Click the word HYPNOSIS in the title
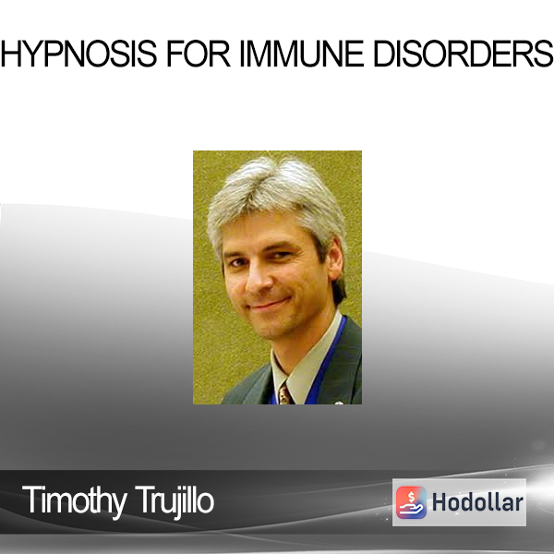click(x=78, y=54)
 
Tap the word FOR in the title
click(x=199, y=54)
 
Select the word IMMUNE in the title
click(x=302, y=54)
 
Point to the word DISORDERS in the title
click(x=464, y=54)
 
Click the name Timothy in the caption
click(x=75, y=501)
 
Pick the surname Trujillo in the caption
click(x=175, y=501)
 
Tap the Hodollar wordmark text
click(x=477, y=502)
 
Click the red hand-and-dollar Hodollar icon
click(x=411, y=502)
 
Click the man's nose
click(x=259, y=280)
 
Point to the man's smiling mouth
click(x=270, y=304)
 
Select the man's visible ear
click(x=335, y=259)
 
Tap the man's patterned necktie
click(x=284, y=394)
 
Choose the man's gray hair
click(x=275, y=198)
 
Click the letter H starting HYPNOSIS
click(x=9, y=54)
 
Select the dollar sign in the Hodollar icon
click(x=411, y=497)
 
